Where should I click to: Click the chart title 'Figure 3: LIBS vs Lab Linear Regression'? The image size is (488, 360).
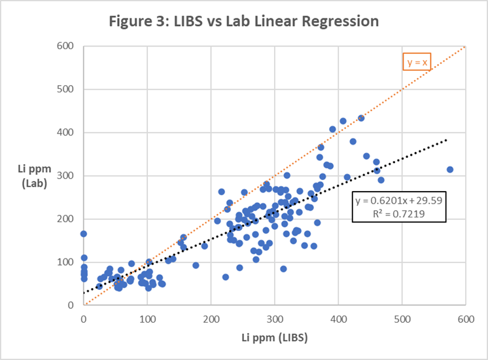point(243,21)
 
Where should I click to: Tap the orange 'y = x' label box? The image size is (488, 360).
point(417,63)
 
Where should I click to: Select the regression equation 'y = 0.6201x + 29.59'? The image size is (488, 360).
point(399,201)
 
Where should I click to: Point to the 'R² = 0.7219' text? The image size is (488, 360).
point(399,213)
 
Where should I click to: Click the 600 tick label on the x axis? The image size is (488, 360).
point(465,318)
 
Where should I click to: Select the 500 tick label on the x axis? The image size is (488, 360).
point(402,318)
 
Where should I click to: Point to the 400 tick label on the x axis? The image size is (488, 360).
point(338,318)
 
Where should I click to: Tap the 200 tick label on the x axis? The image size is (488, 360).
point(211,318)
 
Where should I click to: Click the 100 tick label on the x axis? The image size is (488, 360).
point(147,318)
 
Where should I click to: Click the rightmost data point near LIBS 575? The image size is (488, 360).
point(450,170)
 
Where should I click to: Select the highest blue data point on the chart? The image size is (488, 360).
point(361,118)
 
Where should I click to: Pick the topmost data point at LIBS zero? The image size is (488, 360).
point(84,234)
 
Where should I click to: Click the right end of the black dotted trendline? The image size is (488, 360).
point(447,139)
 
